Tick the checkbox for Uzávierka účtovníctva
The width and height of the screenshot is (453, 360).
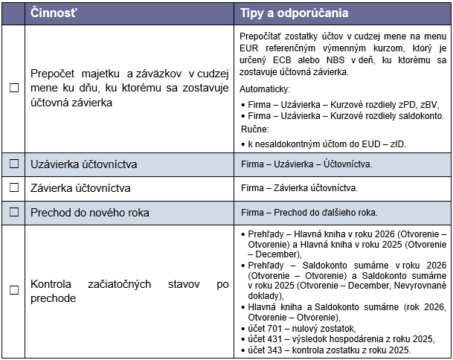point(13,164)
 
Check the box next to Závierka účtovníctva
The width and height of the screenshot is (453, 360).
point(13,187)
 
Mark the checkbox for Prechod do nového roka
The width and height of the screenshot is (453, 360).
point(13,213)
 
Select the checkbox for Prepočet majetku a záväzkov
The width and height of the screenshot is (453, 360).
point(13,88)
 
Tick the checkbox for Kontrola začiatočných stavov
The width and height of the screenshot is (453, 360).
point(13,291)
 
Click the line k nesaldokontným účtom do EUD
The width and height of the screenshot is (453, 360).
point(318,142)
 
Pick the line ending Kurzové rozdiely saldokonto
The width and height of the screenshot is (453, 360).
point(347,115)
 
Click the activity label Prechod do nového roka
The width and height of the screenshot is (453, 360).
point(89,213)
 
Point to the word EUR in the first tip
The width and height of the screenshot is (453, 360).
point(249,48)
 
